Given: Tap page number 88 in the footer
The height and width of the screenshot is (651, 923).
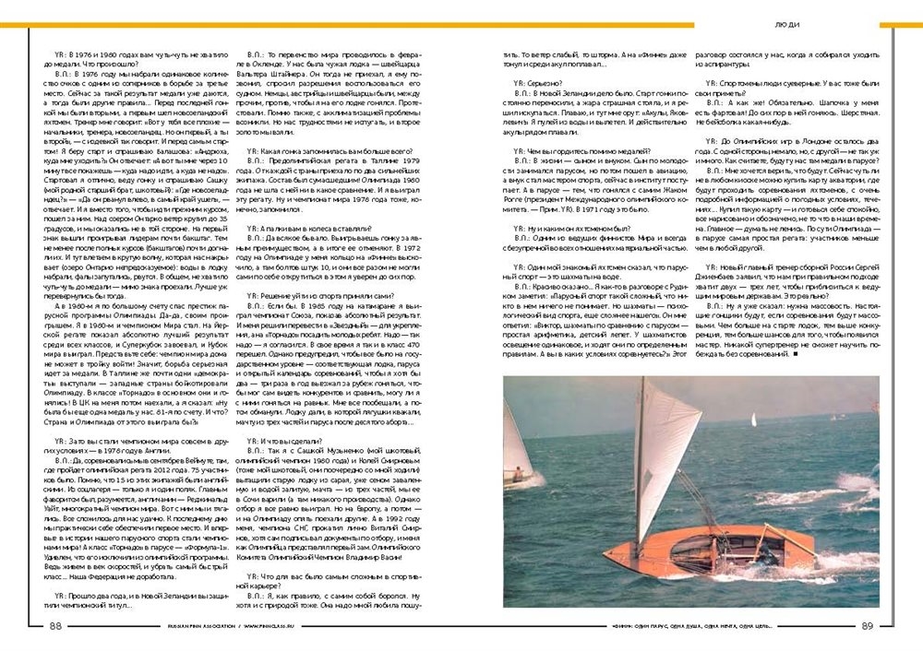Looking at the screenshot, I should [54, 625].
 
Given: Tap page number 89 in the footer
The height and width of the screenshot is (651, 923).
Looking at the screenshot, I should [867, 625].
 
